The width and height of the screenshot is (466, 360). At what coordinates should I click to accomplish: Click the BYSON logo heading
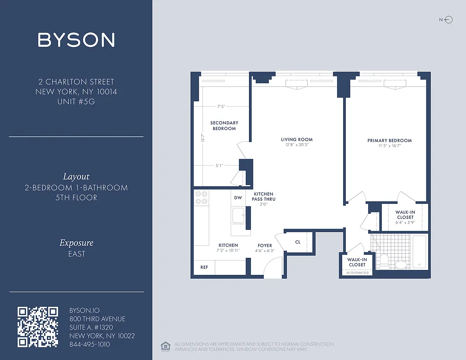click(76, 40)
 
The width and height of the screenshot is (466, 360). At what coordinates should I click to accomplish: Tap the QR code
click(38, 327)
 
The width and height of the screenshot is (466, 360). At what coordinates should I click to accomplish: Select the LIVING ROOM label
click(297, 139)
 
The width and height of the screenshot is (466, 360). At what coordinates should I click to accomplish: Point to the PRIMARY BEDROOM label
click(389, 140)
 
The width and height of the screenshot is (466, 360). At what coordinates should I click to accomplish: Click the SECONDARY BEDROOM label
click(224, 126)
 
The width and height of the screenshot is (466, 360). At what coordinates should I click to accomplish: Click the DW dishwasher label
click(238, 198)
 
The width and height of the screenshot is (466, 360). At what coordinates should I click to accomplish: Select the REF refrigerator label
click(204, 267)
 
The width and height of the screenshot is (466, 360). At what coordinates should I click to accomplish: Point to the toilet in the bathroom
click(385, 261)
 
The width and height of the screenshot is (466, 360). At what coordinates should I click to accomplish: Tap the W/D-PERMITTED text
click(357, 273)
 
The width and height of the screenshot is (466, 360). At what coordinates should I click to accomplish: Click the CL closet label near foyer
click(298, 242)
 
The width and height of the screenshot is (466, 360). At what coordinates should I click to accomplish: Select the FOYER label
click(265, 246)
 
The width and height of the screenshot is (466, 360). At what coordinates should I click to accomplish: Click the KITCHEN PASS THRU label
click(264, 196)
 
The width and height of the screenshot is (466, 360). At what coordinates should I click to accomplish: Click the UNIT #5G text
click(76, 102)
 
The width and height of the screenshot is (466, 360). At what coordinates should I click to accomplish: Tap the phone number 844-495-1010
click(90, 344)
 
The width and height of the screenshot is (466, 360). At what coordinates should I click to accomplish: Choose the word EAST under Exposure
click(77, 254)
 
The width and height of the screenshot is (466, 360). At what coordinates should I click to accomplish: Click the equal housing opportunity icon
click(164, 346)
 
